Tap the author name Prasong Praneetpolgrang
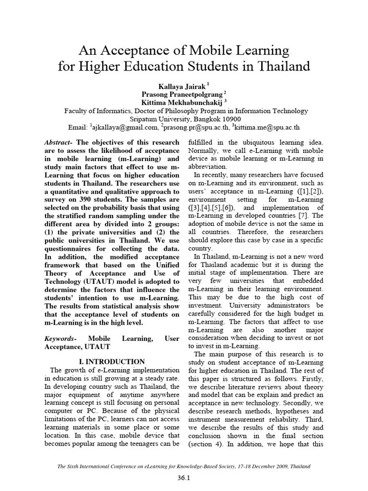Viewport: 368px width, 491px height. pos(181,94)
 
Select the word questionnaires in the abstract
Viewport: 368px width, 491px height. pos(70,248)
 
